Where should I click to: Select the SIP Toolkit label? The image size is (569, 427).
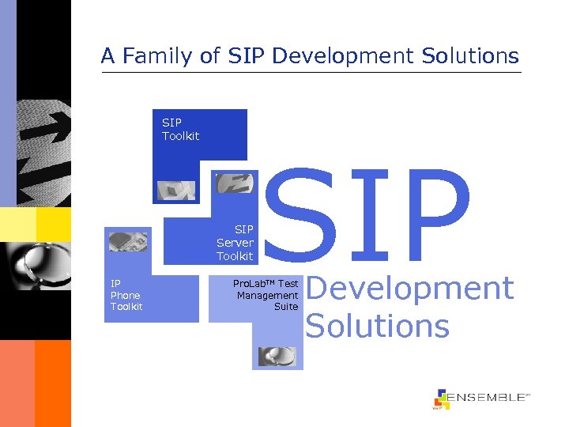(180, 129)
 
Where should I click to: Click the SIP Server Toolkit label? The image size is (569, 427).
(235, 243)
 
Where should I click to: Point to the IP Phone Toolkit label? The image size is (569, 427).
(126, 295)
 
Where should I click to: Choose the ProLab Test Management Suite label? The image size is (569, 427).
(266, 295)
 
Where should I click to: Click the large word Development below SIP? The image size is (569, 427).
(409, 289)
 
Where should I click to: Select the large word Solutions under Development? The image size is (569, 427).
(377, 325)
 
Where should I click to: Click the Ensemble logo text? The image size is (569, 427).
(488, 398)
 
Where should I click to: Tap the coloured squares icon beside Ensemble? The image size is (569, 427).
(442, 399)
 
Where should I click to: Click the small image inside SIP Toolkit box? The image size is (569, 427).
(176, 190)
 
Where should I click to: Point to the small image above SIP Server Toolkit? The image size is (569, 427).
(234, 183)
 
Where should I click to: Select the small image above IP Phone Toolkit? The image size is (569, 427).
(127, 241)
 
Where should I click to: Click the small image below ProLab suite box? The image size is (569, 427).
(277, 356)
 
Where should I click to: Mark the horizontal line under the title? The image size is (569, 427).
(311, 73)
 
